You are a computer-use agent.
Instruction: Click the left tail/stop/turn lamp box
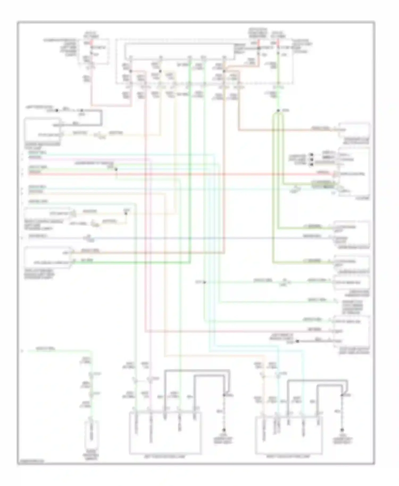tap(165, 433)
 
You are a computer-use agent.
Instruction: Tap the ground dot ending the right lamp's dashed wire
tap(342, 430)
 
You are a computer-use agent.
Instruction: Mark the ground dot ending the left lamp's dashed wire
tap(224, 430)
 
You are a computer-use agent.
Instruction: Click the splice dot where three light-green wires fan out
tap(278, 111)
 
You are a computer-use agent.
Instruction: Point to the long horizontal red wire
tap(186, 174)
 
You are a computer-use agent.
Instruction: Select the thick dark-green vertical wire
tap(190, 160)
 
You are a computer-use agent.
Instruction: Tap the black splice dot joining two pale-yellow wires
tap(126, 213)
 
